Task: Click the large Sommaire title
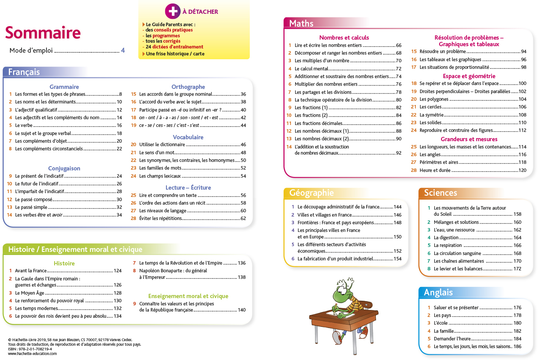[x=43, y=33]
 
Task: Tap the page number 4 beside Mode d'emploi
[x=123, y=50]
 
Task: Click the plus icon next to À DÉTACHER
[x=173, y=11]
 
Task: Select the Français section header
[x=24, y=72]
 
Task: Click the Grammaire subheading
[x=64, y=87]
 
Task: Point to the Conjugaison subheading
[x=64, y=168]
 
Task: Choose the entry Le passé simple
[x=31, y=207]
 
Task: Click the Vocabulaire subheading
[x=188, y=137]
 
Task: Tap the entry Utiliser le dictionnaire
[x=162, y=145]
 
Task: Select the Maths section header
[x=301, y=23]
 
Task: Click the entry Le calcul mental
[x=311, y=69]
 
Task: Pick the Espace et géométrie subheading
[x=469, y=76]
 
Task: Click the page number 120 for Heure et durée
[x=522, y=170]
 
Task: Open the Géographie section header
[x=311, y=193]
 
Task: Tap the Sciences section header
[x=440, y=193]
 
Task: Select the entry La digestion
[x=446, y=238]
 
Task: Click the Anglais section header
[x=438, y=292]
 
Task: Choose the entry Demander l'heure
[x=452, y=339]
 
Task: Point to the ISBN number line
[x=30, y=349]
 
